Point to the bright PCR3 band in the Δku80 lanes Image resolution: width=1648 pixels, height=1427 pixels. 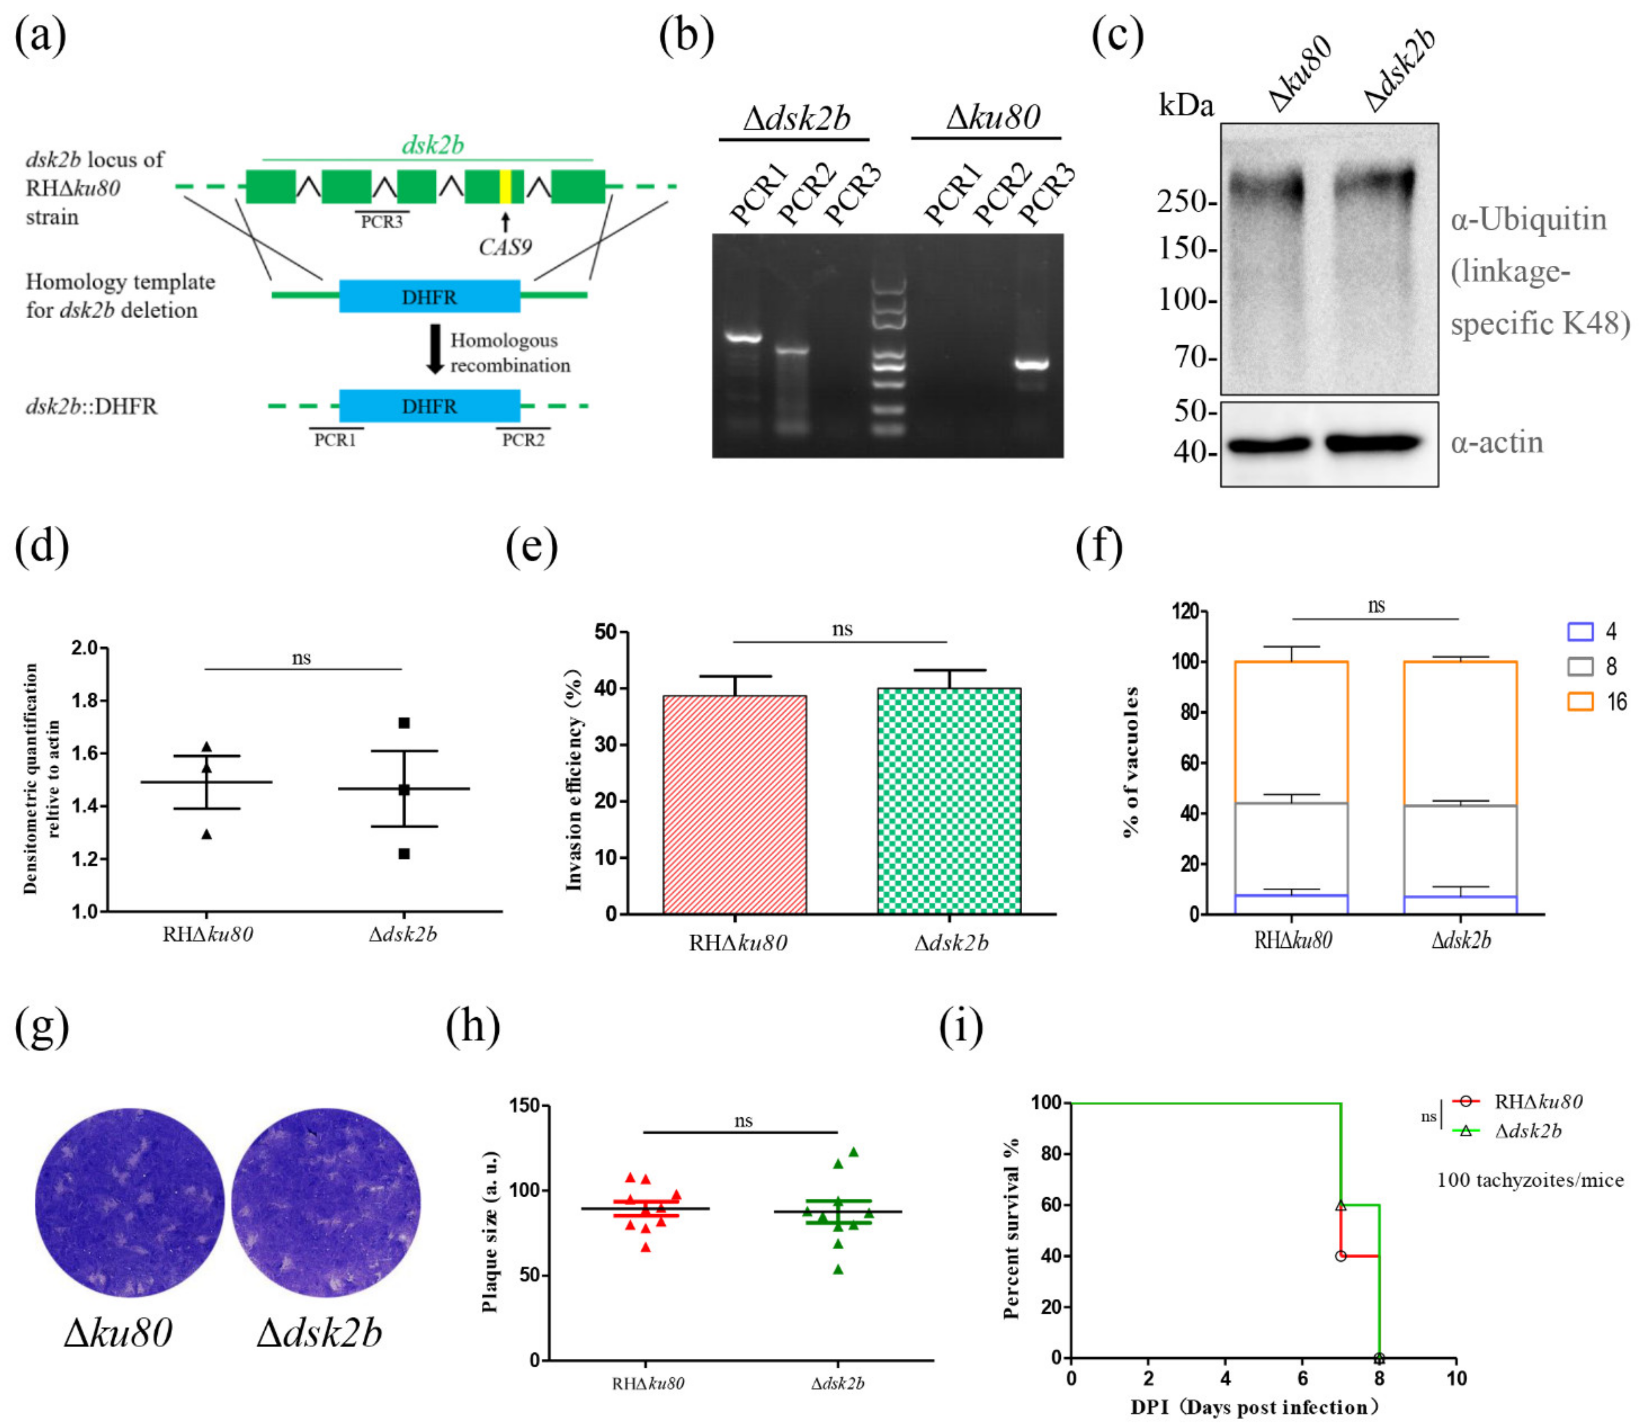[x=1032, y=365]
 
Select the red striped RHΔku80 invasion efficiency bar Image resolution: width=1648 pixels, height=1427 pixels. [x=734, y=804]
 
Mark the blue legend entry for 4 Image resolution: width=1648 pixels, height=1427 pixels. [x=1580, y=632]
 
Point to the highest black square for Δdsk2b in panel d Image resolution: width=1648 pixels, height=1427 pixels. [x=404, y=723]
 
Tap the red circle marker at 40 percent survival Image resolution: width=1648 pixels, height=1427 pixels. [x=1341, y=1256]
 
